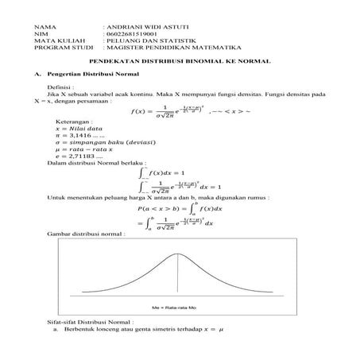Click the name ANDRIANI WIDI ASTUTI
[x=140, y=26]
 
